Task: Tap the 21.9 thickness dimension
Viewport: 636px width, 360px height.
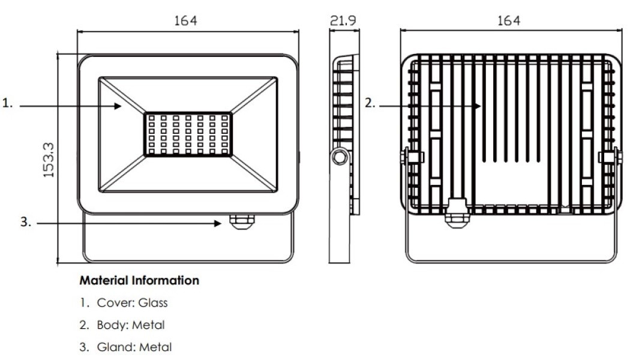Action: pos(343,20)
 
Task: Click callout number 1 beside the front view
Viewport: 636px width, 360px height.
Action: pos(7,103)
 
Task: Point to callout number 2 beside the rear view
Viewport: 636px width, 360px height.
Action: pos(370,103)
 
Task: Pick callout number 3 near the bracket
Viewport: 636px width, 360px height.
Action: pos(25,222)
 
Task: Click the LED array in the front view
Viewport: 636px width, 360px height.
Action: pos(188,133)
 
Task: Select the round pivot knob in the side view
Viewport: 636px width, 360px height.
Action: pos(340,157)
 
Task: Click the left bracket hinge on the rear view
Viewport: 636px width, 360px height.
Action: pos(413,157)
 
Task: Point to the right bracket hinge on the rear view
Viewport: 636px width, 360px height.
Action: pos(610,157)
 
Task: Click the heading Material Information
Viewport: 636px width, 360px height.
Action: pos(139,280)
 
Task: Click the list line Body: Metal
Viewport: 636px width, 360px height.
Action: pos(131,325)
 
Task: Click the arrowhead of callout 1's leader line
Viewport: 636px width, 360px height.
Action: pos(119,106)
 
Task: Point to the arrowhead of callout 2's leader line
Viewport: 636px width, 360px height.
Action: pos(478,106)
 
